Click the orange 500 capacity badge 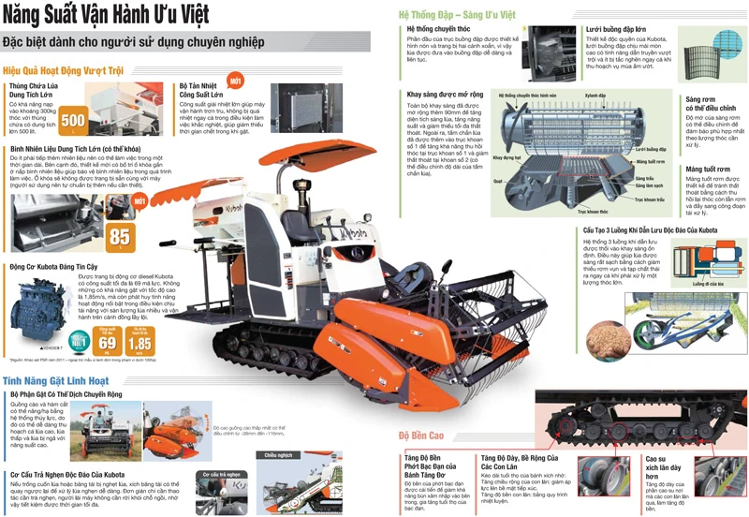(x=72, y=122)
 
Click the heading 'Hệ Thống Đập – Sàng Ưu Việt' (x=457, y=15)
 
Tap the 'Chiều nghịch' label (x=278, y=455)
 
